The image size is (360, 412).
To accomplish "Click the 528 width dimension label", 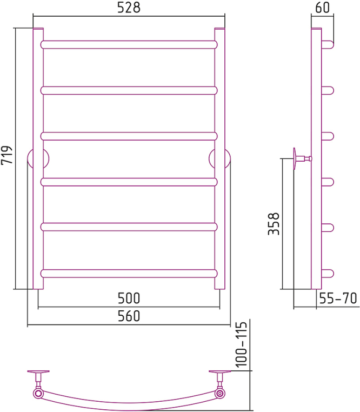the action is point(129,8).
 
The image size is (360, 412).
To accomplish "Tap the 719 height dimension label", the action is point(7,155).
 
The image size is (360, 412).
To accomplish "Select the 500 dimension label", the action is point(129,298).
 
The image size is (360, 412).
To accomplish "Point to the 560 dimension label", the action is point(129,316).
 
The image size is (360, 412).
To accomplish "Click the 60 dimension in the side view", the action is point(322,8).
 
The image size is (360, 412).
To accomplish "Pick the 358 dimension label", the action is point(274,224).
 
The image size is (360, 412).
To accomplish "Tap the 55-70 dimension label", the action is point(338,298).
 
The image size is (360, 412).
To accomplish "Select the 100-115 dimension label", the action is point(241,344).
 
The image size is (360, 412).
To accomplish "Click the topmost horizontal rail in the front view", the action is point(129,45).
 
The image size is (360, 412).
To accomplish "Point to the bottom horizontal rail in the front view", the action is point(129,274).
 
